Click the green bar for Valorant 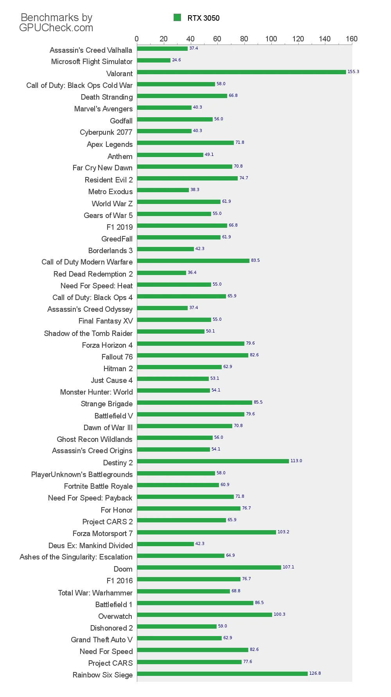coord(242,72)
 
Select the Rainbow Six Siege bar coord(222,674)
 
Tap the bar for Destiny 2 coord(213,461)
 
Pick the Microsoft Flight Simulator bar coord(154,61)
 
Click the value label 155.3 coord(353,72)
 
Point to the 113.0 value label coord(296,461)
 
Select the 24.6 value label coord(176,60)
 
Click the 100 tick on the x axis coord(271,39)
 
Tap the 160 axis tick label coord(352,39)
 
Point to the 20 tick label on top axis coord(163,39)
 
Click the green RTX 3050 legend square coord(177,18)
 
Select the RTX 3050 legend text coord(203,18)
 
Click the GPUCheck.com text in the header coord(56,28)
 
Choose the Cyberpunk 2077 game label coord(106,132)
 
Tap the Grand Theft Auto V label coord(102,640)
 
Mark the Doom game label coord(123,569)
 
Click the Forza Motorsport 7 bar coord(206,532)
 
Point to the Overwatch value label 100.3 coord(279,615)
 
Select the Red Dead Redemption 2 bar coord(161,273)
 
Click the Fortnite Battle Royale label coord(98,486)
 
